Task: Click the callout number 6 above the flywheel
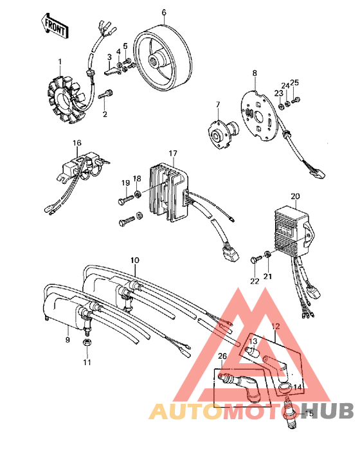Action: click(163, 12)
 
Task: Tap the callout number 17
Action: click(172, 153)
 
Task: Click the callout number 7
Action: click(217, 104)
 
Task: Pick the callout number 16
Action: click(76, 142)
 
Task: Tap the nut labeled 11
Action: click(86, 346)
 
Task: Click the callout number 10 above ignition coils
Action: click(134, 260)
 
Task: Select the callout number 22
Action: click(254, 281)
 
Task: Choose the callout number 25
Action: click(294, 82)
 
